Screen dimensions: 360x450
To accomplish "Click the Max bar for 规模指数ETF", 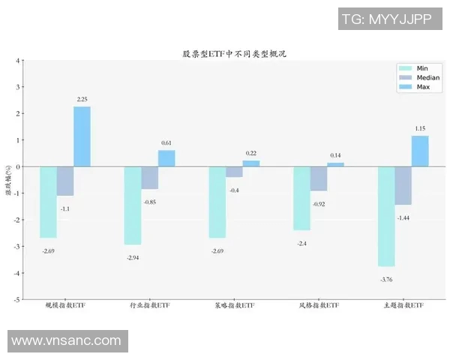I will [x=82, y=136].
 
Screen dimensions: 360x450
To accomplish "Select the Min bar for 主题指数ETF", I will [x=386, y=216].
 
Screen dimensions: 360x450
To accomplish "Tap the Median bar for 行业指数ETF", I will [x=149, y=178].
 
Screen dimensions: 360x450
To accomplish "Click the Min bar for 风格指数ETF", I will [x=301, y=198].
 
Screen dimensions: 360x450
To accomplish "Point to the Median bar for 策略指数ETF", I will [x=234, y=172].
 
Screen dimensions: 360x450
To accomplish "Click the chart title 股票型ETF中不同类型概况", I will [x=235, y=53].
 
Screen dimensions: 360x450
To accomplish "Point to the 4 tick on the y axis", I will [x=18, y=60].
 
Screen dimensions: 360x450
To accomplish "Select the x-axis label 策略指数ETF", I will [x=234, y=306].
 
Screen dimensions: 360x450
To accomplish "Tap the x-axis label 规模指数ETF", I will [x=65, y=306].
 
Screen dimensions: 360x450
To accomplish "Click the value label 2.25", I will [x=82, y=99].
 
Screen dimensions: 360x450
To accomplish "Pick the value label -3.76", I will [x=386, y=279].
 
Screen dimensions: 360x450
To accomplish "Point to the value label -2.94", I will [x=133, y=257].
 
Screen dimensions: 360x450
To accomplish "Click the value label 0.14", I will [x=335, y=155].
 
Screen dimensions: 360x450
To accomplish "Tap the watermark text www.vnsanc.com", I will [x=66, y=340].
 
